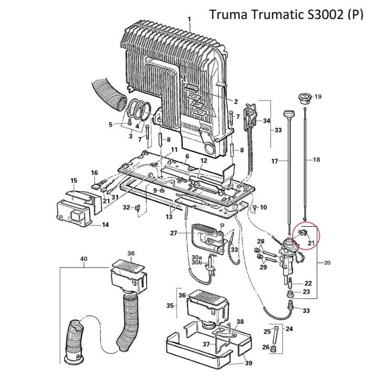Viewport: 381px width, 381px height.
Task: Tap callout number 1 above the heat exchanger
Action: tap(190, 20)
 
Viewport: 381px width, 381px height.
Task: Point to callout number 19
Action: tap(318, 97)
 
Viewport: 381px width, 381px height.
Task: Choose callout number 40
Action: tap(84, 259)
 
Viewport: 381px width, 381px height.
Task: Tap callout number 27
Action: tap(174, 233)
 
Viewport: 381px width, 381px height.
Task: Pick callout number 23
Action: tap(307, 292)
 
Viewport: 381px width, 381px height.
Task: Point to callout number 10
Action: tap(264, 207)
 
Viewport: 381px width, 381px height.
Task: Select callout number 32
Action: tap(126, 207)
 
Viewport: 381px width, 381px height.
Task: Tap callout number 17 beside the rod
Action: tap(274, 161)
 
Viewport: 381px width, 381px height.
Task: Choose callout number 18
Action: tap(316, 160)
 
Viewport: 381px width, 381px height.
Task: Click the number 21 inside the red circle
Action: tap(311, 243)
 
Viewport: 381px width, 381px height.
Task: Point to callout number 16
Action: tap(94, 172)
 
